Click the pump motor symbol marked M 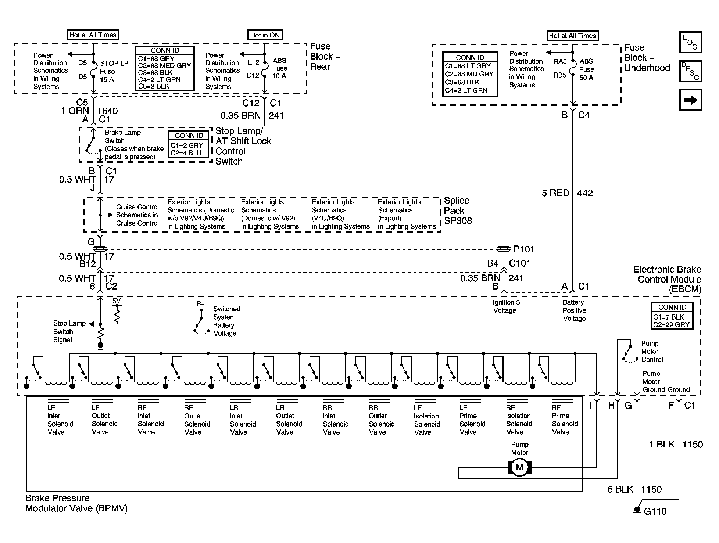519,467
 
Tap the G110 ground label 655,511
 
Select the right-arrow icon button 691,100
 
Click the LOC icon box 691,43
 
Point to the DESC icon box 691,71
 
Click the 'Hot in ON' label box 265,35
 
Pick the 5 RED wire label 555,193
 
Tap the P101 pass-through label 524,249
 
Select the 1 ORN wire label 75,111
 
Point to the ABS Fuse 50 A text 586,69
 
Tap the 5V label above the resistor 117,301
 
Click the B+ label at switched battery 200,304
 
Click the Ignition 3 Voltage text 506,306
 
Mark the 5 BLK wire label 620,489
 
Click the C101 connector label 520,263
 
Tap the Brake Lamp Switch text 123,136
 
